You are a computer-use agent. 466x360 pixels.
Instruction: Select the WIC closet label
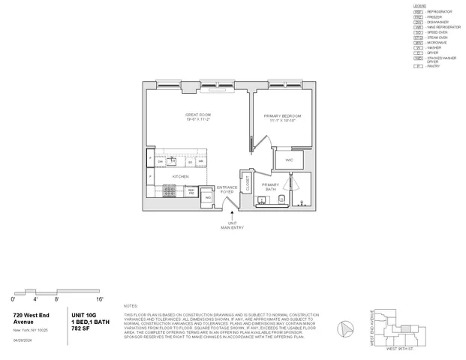coord(289,160)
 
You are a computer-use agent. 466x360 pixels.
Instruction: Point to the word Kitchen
coord(180,176)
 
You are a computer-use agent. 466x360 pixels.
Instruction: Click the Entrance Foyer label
coord(227,188)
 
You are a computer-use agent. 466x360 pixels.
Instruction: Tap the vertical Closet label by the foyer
coord(247,181)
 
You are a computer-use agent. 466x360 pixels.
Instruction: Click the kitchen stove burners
coord(170,193)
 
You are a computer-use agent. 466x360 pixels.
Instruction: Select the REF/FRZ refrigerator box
coord(192,190)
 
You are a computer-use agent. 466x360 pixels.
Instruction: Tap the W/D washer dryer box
coord(208,197)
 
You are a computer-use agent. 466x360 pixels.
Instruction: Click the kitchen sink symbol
coord(173,160)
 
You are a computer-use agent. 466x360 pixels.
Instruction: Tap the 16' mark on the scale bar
coord(100,299)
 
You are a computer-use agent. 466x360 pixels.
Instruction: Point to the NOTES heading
coord(131,306)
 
